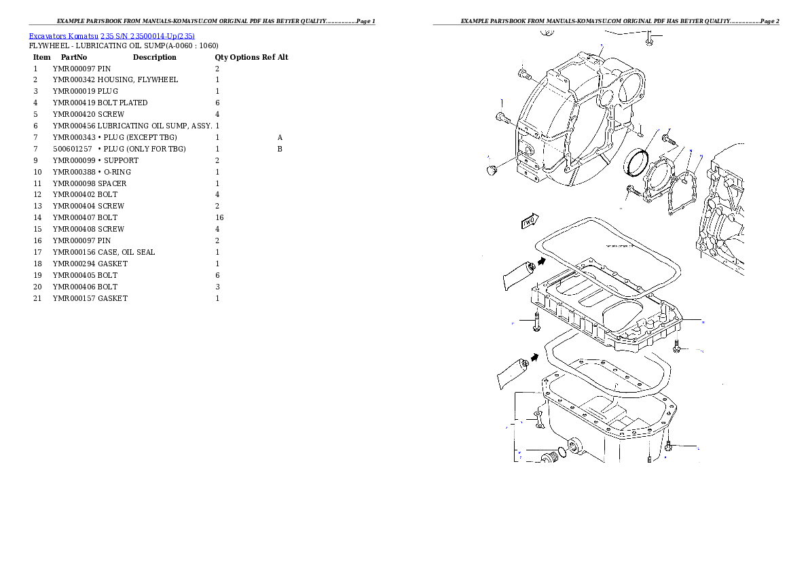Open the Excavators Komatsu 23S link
[111, 36]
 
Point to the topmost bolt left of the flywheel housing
[524, 73]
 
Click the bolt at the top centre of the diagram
[650, 38]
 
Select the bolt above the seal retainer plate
[669, 140]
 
